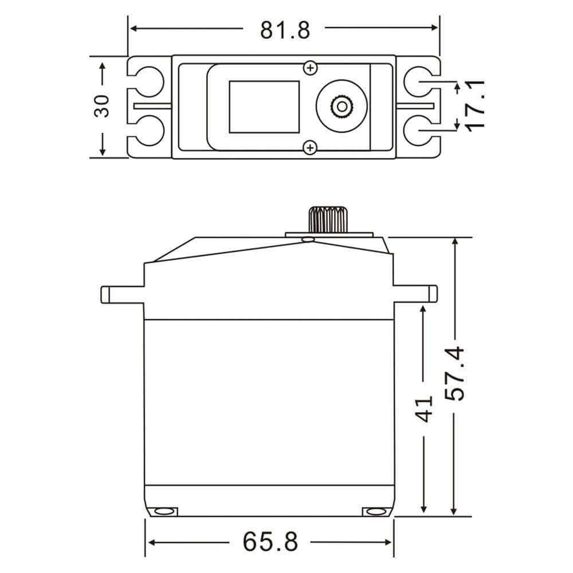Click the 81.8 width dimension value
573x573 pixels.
point(285,29)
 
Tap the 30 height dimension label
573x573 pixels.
point(102,106)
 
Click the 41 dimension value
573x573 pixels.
point(424,408)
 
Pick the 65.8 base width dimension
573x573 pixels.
point(270,541)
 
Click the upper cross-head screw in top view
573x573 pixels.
point(311,68)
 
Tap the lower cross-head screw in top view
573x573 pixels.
point(311,148)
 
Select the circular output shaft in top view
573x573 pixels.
point(342,106)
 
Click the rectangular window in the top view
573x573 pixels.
point(264,106)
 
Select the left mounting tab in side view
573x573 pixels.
point(122,293)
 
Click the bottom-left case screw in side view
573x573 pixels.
point(164,511)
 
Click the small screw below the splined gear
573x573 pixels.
point(309,238)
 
